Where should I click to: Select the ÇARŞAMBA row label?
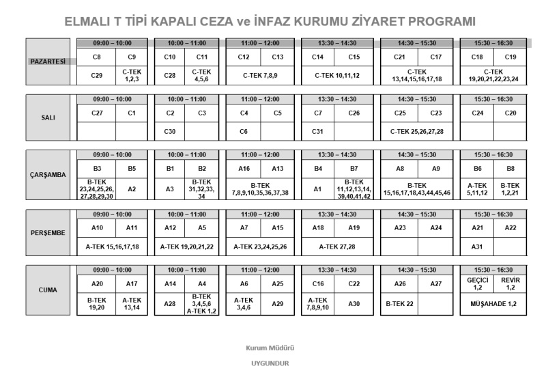[48, 175]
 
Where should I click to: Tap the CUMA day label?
[48, 290]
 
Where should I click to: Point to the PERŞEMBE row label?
[48, 232]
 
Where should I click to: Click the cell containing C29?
[97, 74]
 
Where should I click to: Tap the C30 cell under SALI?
[171, 131]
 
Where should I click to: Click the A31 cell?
[477, 246]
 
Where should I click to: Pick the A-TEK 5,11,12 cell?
[477, 188]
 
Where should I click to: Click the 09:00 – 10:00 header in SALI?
[113, 99]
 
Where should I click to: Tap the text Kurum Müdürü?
[270, 348]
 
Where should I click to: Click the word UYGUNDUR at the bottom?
[270, 363]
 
